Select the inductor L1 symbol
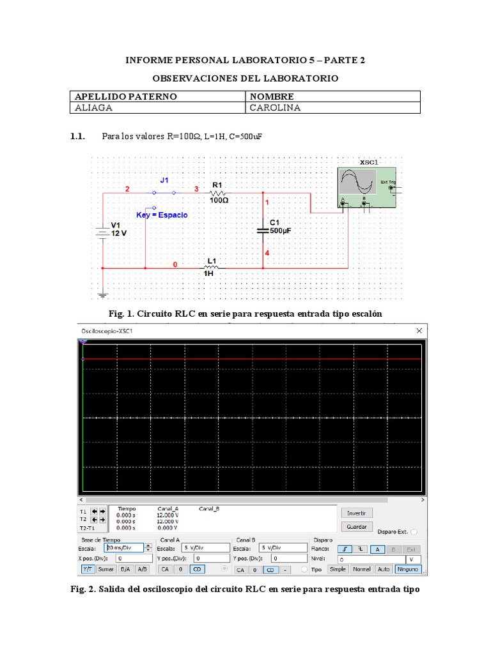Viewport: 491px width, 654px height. [x=212, y=268]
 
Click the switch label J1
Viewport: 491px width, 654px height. [x=164, y=181]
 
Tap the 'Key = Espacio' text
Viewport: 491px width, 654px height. [x=162, y=215]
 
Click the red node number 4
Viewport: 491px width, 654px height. [x=267, y=254]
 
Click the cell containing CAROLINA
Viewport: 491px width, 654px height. [x=332, y=108]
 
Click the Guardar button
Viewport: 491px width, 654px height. [x=357, y=527]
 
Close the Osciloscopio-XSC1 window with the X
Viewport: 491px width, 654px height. [x=419, y=331]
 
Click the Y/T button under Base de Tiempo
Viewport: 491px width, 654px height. [x=88, y=569]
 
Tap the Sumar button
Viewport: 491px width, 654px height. [x=106, y=569]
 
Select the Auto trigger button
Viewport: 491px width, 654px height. [x=384, y=569]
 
